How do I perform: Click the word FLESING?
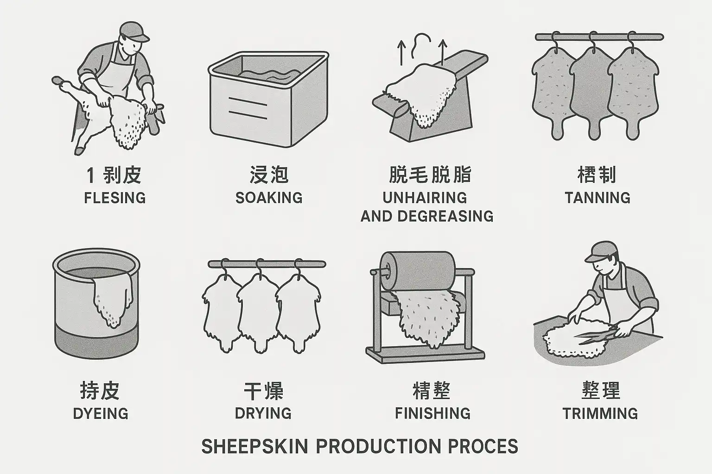pyautogui.click(x=115, y=198)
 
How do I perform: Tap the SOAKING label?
pyautogui.click(x=269, y=198)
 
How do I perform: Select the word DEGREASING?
pyautogui.click(x=445, y=216)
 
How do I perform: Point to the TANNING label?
pyautogui.click(x=598, y=198)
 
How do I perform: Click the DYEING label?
pyautogui.click(x=101, y=414)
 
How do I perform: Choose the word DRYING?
pyautogui.click(x=263, y=413)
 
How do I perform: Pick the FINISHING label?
pyautogui.click(x=432, y=413)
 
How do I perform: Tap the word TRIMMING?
pyautogui.click(x=600, y=413)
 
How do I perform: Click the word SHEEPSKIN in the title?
pyautogui.click(x=255, y=446)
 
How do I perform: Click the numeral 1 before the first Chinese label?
pyautogui.click(x=90, y=175)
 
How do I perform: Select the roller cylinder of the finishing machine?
pyautogui.click(x=418, y=271)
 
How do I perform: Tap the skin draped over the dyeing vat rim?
pyautogui.click(x=112, y=299)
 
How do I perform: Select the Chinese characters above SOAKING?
pyautogui.click(x=269, y=175)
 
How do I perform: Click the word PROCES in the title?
pyautogui.click(x=483, y=446)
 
